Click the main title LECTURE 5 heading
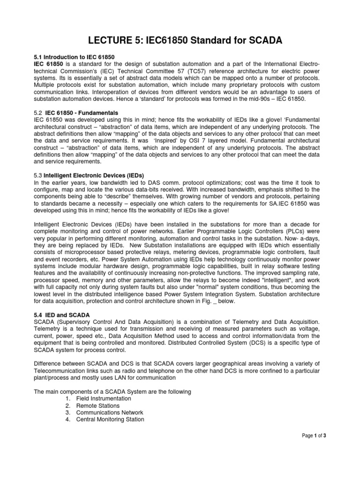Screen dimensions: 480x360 180,41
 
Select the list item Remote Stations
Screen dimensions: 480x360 97,405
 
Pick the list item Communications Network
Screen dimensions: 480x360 110,412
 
